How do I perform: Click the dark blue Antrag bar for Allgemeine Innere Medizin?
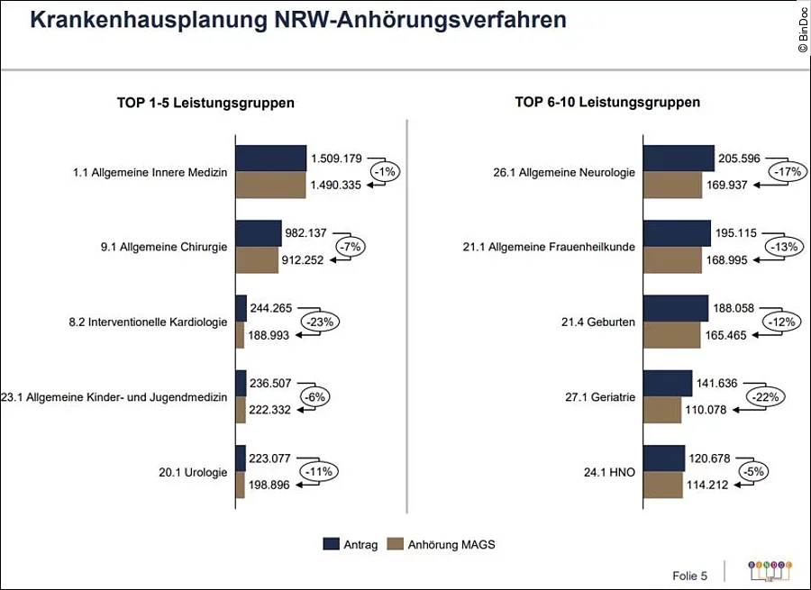click(270, 158)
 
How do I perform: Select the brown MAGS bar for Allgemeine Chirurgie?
click(257, 260)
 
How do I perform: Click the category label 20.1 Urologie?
click(192, 472)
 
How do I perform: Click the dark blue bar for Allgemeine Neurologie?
click(679, 158)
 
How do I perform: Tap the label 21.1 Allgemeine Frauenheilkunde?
click(562, 247)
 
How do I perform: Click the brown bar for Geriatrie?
click(662, 410)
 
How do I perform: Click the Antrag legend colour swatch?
click(331, 544)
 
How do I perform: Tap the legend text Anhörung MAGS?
click(451, 544)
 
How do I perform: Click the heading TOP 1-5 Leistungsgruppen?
click(205, 103)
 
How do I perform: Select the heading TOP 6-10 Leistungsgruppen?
click(607, 103)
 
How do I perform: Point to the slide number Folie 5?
click(690, 575)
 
